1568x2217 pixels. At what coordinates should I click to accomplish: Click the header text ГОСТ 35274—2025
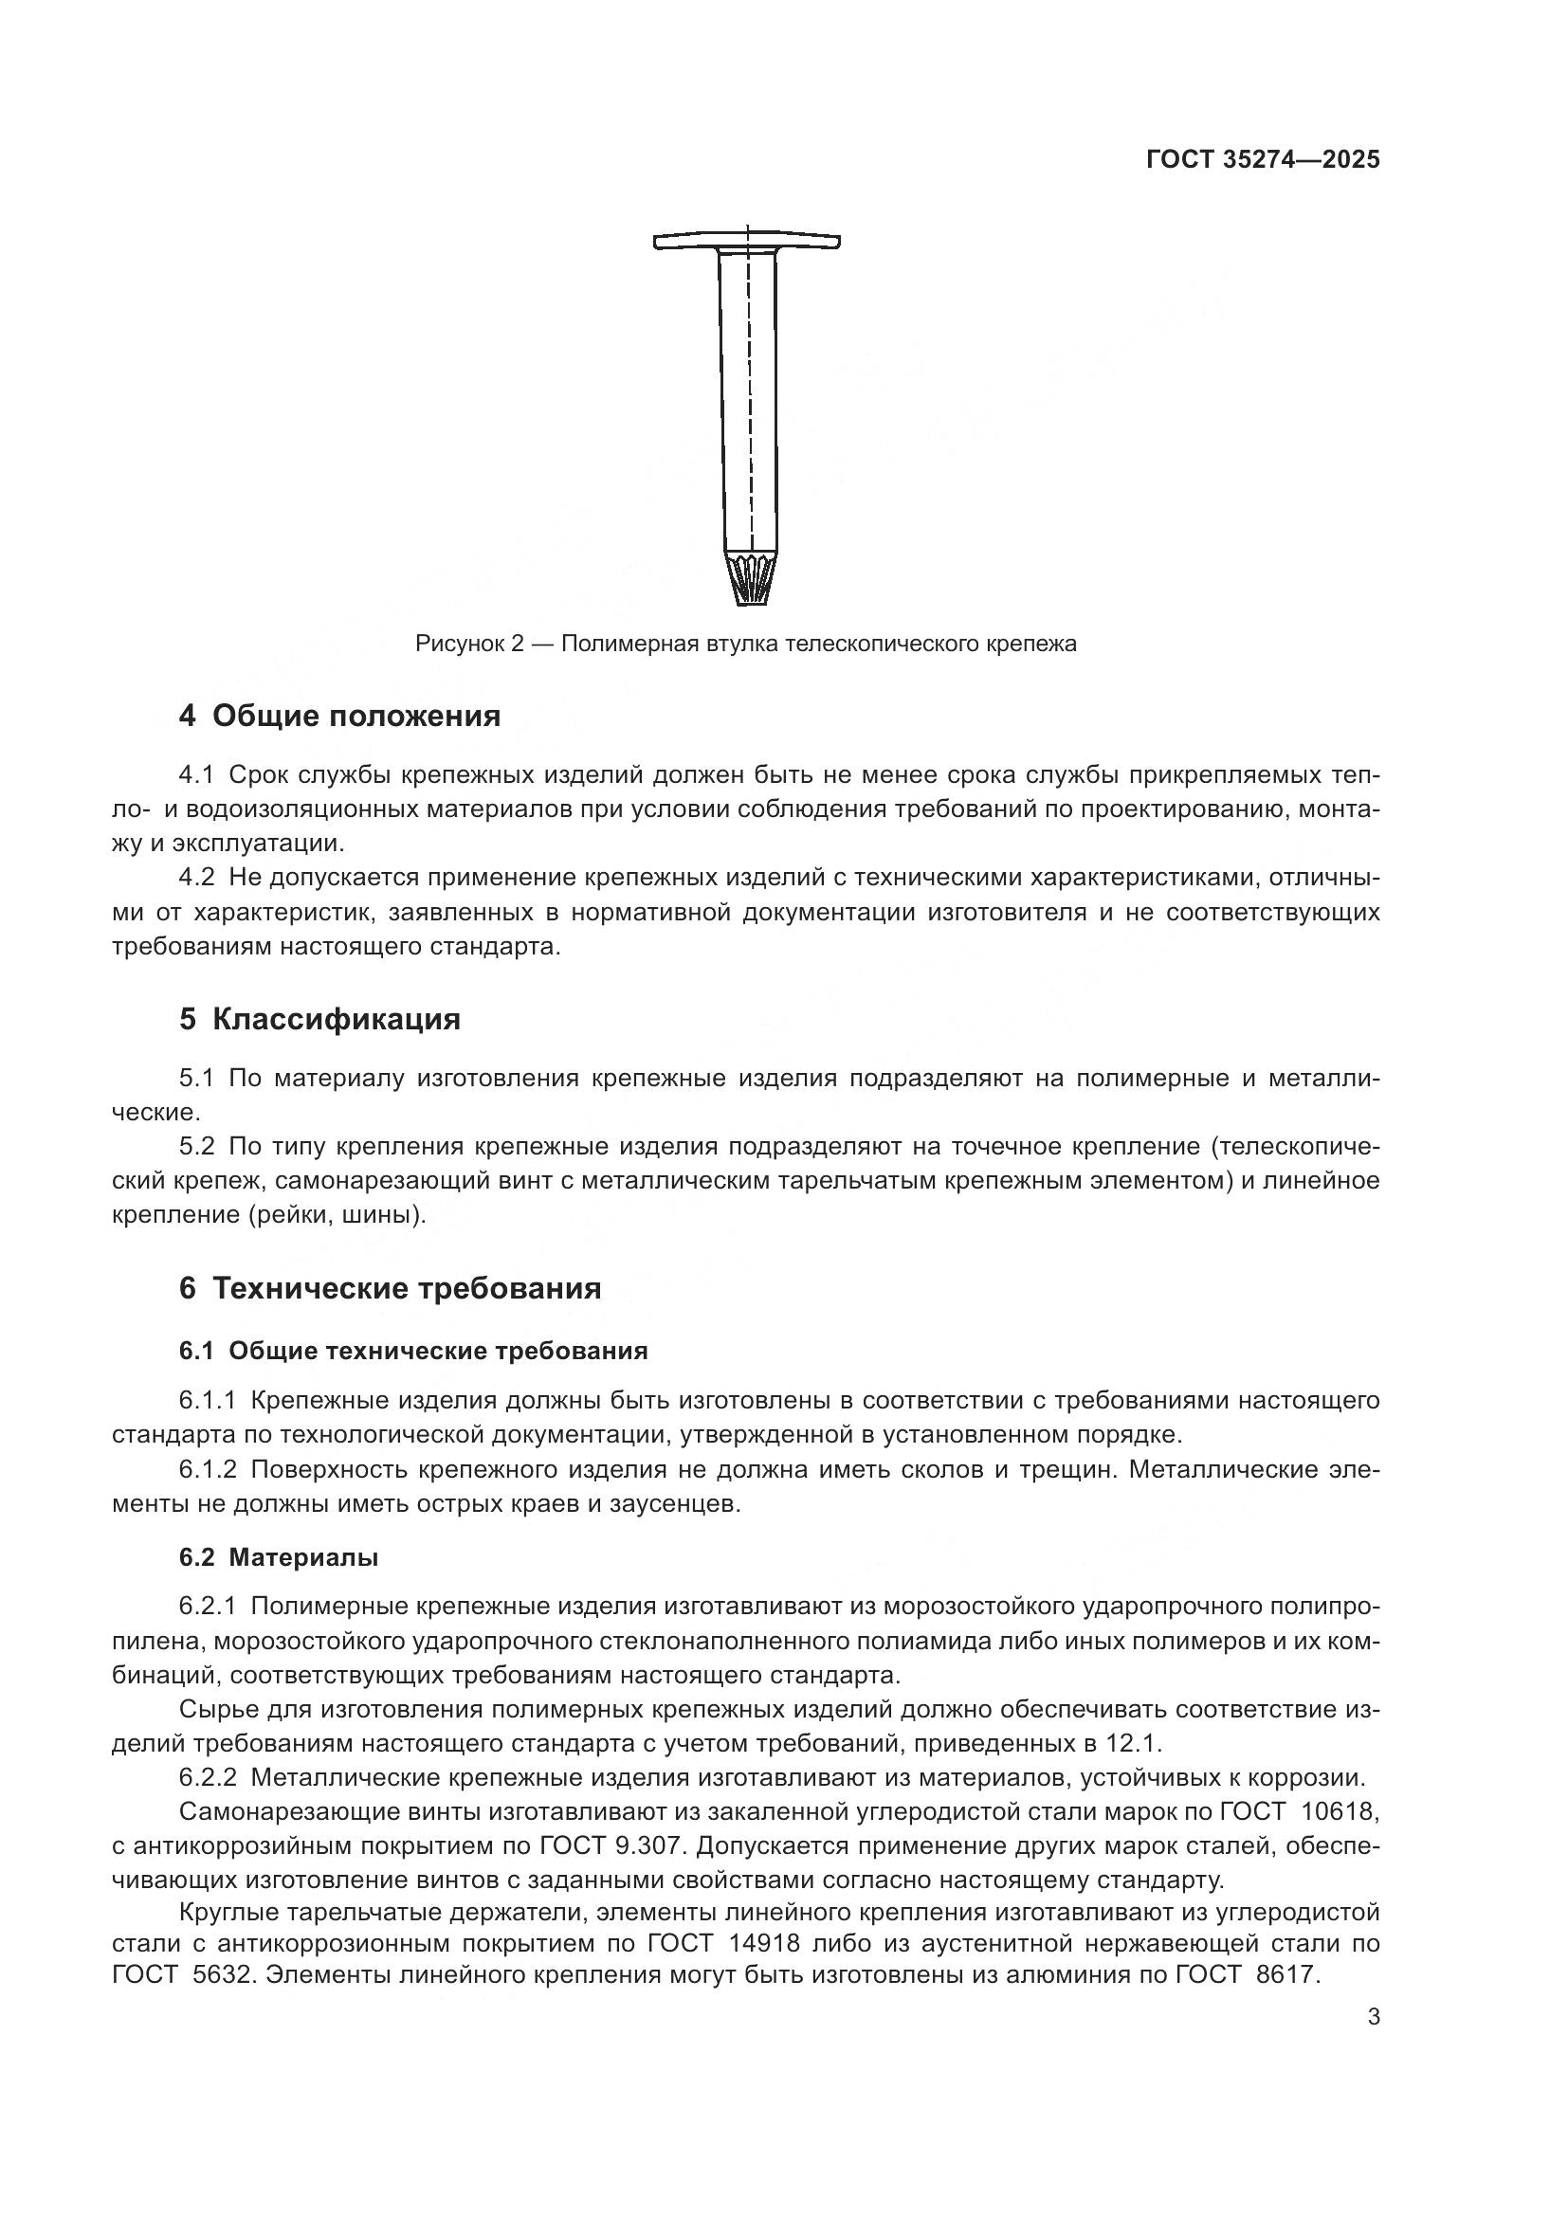tap(1262, 160)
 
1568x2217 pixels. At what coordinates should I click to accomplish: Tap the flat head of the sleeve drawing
tap(746, 242)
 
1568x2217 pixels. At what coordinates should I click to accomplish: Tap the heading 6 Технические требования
tap(389, 1288)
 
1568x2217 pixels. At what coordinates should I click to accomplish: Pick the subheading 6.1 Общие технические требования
tap(412, 1351)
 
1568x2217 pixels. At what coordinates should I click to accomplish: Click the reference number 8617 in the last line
tap(1286, 1975)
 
